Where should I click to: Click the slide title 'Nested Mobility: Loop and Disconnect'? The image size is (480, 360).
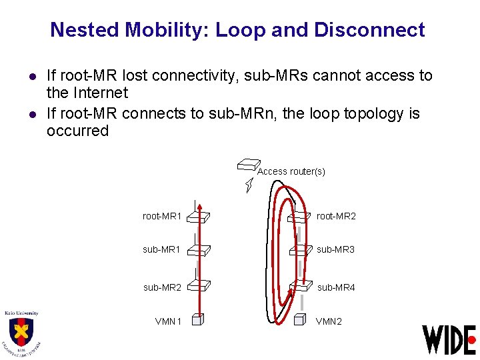point(237,30)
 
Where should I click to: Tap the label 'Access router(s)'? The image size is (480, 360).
point(291,171)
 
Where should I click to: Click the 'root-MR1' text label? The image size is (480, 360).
point(162,216)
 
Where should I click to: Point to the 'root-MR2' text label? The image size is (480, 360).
point(336,216)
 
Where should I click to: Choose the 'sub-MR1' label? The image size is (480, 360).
point(162,249)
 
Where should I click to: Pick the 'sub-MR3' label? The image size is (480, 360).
point(336,249)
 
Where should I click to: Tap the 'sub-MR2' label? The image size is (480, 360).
point(162,287)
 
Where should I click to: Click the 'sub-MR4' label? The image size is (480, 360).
point(336,287)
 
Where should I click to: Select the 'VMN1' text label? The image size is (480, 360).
point(168,321)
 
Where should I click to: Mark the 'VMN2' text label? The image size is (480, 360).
point(329,321)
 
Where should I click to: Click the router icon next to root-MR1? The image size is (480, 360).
point(198,216)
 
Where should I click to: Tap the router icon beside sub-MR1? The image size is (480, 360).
point(198,249)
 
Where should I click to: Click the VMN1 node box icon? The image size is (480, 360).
point(196,319)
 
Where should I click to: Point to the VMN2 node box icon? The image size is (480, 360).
point(299,319)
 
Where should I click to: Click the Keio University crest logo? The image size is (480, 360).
point(21,332)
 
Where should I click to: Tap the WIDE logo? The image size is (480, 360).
point(449,339)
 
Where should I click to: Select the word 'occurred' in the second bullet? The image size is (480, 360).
point(77,131)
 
